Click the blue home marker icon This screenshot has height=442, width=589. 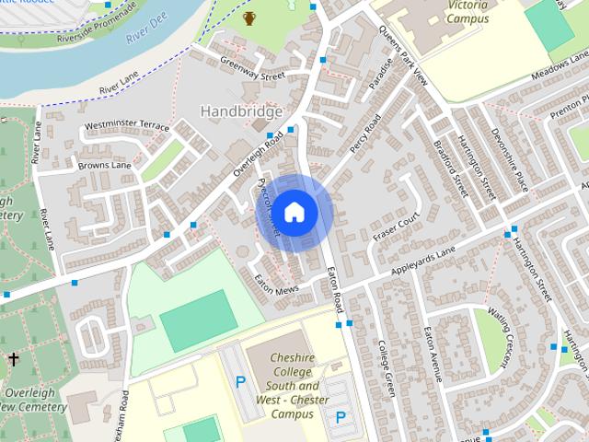[x=294, y=212]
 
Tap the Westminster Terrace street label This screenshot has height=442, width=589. [x=126, y=125]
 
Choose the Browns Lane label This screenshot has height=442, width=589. [x=105, y=165]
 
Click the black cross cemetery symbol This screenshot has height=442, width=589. [x=13, y=357]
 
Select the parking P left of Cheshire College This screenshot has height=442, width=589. [x=241, y=380]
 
